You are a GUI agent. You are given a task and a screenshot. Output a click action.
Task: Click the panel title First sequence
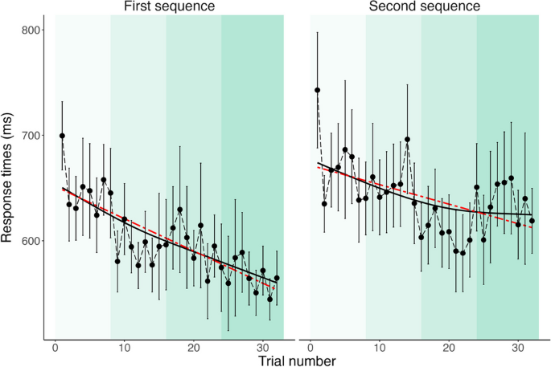pyautogui.click(x=169, y=7)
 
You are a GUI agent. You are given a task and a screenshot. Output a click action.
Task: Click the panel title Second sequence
pyautogui.click(x=424, y=7)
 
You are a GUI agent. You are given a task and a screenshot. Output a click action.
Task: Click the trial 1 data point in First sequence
pyautogui.click(x=62, y=136)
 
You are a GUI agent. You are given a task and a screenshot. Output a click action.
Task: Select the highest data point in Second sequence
pyautogui.click(x=317, y=90)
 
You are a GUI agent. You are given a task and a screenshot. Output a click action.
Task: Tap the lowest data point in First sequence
pyautogui.click(x=270, y=299)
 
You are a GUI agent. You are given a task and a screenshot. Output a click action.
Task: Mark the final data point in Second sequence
pyautogui.click(x=532, y=221)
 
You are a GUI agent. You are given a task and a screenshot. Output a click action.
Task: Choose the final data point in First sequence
pyautogui.click(x=277, y=278)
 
